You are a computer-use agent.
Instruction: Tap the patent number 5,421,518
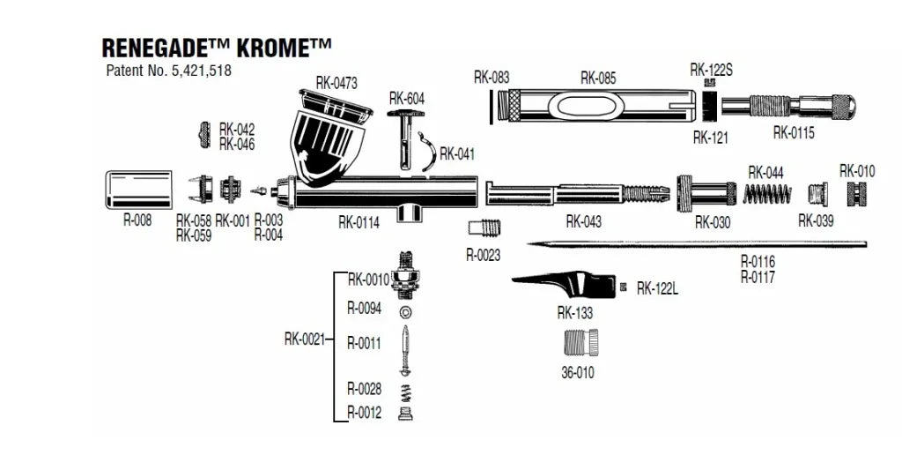click(168, 71)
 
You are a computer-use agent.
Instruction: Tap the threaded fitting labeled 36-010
click(580, 341)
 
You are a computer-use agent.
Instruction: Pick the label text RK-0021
click(304, 338)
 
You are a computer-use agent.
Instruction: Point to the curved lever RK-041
click(426, 150)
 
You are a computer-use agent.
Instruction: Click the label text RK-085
click(598, 78)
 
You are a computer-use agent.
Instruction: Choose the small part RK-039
click(818, 193)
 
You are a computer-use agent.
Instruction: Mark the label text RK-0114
click(359, 222)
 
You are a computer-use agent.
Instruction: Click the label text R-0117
click(758, 276)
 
